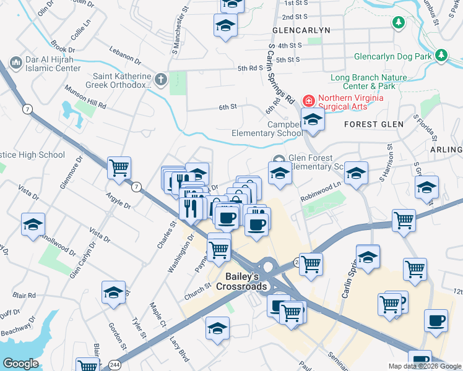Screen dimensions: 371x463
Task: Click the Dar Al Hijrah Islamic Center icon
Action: pyautogui.click(x=16, y=64)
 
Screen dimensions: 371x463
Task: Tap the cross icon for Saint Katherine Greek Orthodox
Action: pyautogui.click(x=161, y=79)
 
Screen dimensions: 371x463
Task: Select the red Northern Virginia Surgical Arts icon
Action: pyautogui.click(x=308, y=100)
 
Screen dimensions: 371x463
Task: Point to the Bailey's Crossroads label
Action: pyautogui.click(x=241, y=280)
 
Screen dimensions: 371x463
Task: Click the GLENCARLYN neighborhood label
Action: pyautogui.click(x=301, y=30)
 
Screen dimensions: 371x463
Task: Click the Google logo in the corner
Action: pyautogui.click(x=20, y=364)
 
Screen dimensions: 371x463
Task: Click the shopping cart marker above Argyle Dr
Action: pyautogui.click(x=119, y=168)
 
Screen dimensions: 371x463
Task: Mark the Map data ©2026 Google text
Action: pyautogui.click(x=424, y=366)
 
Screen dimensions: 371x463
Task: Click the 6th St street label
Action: pyautogui.click(x=228, y=107)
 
